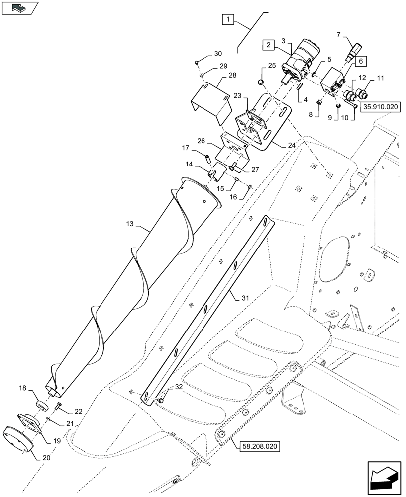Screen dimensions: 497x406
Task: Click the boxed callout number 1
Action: tap(227, 20)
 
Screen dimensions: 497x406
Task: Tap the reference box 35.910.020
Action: tap(381, 107)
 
